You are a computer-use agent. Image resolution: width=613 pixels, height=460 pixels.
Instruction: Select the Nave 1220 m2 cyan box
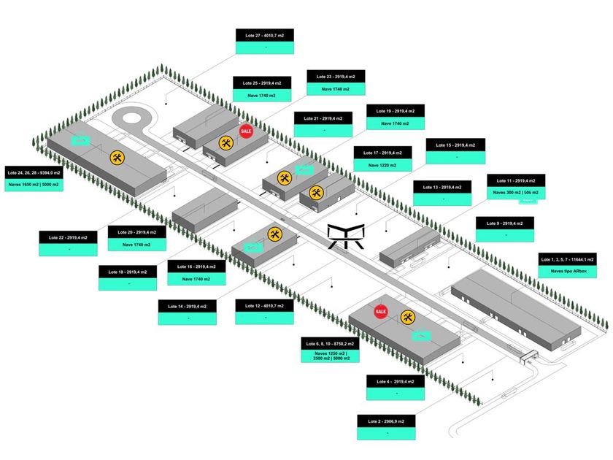(382, 165)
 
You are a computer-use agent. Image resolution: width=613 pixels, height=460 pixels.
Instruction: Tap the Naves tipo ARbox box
(567, 272)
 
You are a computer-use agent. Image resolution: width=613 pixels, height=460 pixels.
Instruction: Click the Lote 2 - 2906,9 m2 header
(386, 421)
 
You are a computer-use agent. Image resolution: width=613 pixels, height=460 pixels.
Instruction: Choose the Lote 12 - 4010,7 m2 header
(265, 306)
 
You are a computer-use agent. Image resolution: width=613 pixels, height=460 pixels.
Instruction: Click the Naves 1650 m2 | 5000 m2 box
(34, 185)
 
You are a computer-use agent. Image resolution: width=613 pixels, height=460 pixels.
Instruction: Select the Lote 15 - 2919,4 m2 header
(455, 145)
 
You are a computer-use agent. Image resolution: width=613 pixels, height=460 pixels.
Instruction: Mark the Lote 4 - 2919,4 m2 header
(395, 382)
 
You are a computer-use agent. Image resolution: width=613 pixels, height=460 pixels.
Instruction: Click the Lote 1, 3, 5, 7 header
(567, 258)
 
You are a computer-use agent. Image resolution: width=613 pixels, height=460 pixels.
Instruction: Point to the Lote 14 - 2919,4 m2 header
(188, 307)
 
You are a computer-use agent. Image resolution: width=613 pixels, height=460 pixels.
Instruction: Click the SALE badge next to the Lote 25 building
(246, 131)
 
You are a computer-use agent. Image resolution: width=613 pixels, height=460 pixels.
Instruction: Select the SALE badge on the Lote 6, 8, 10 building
(380, 312)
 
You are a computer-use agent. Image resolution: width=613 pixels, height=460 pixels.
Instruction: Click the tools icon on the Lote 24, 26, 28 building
(117, 157)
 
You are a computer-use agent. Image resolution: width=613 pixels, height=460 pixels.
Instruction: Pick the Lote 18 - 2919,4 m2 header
(128, 272)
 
